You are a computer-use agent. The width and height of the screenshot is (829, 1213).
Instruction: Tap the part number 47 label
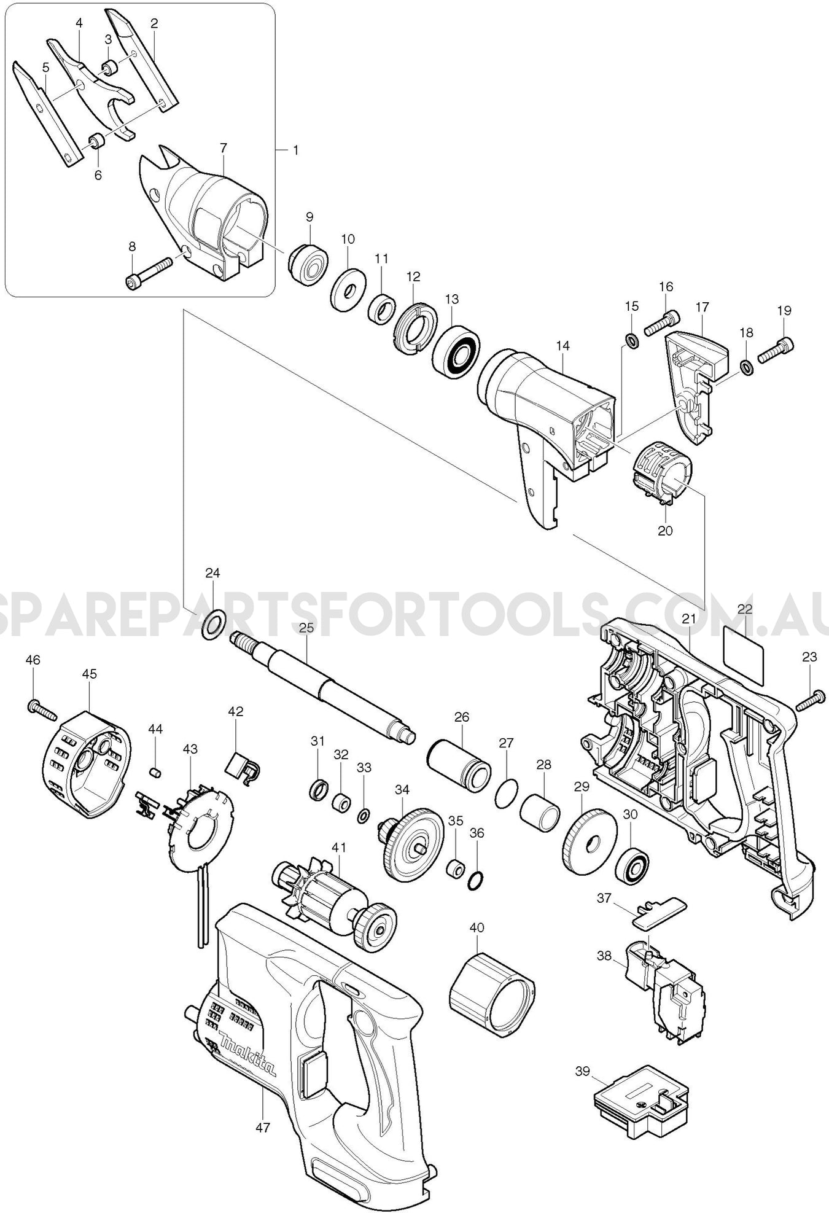click(262, 1128)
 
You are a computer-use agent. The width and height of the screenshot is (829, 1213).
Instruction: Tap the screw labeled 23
click(809, 701)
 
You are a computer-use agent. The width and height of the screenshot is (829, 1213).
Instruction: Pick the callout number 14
click(562, 346)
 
